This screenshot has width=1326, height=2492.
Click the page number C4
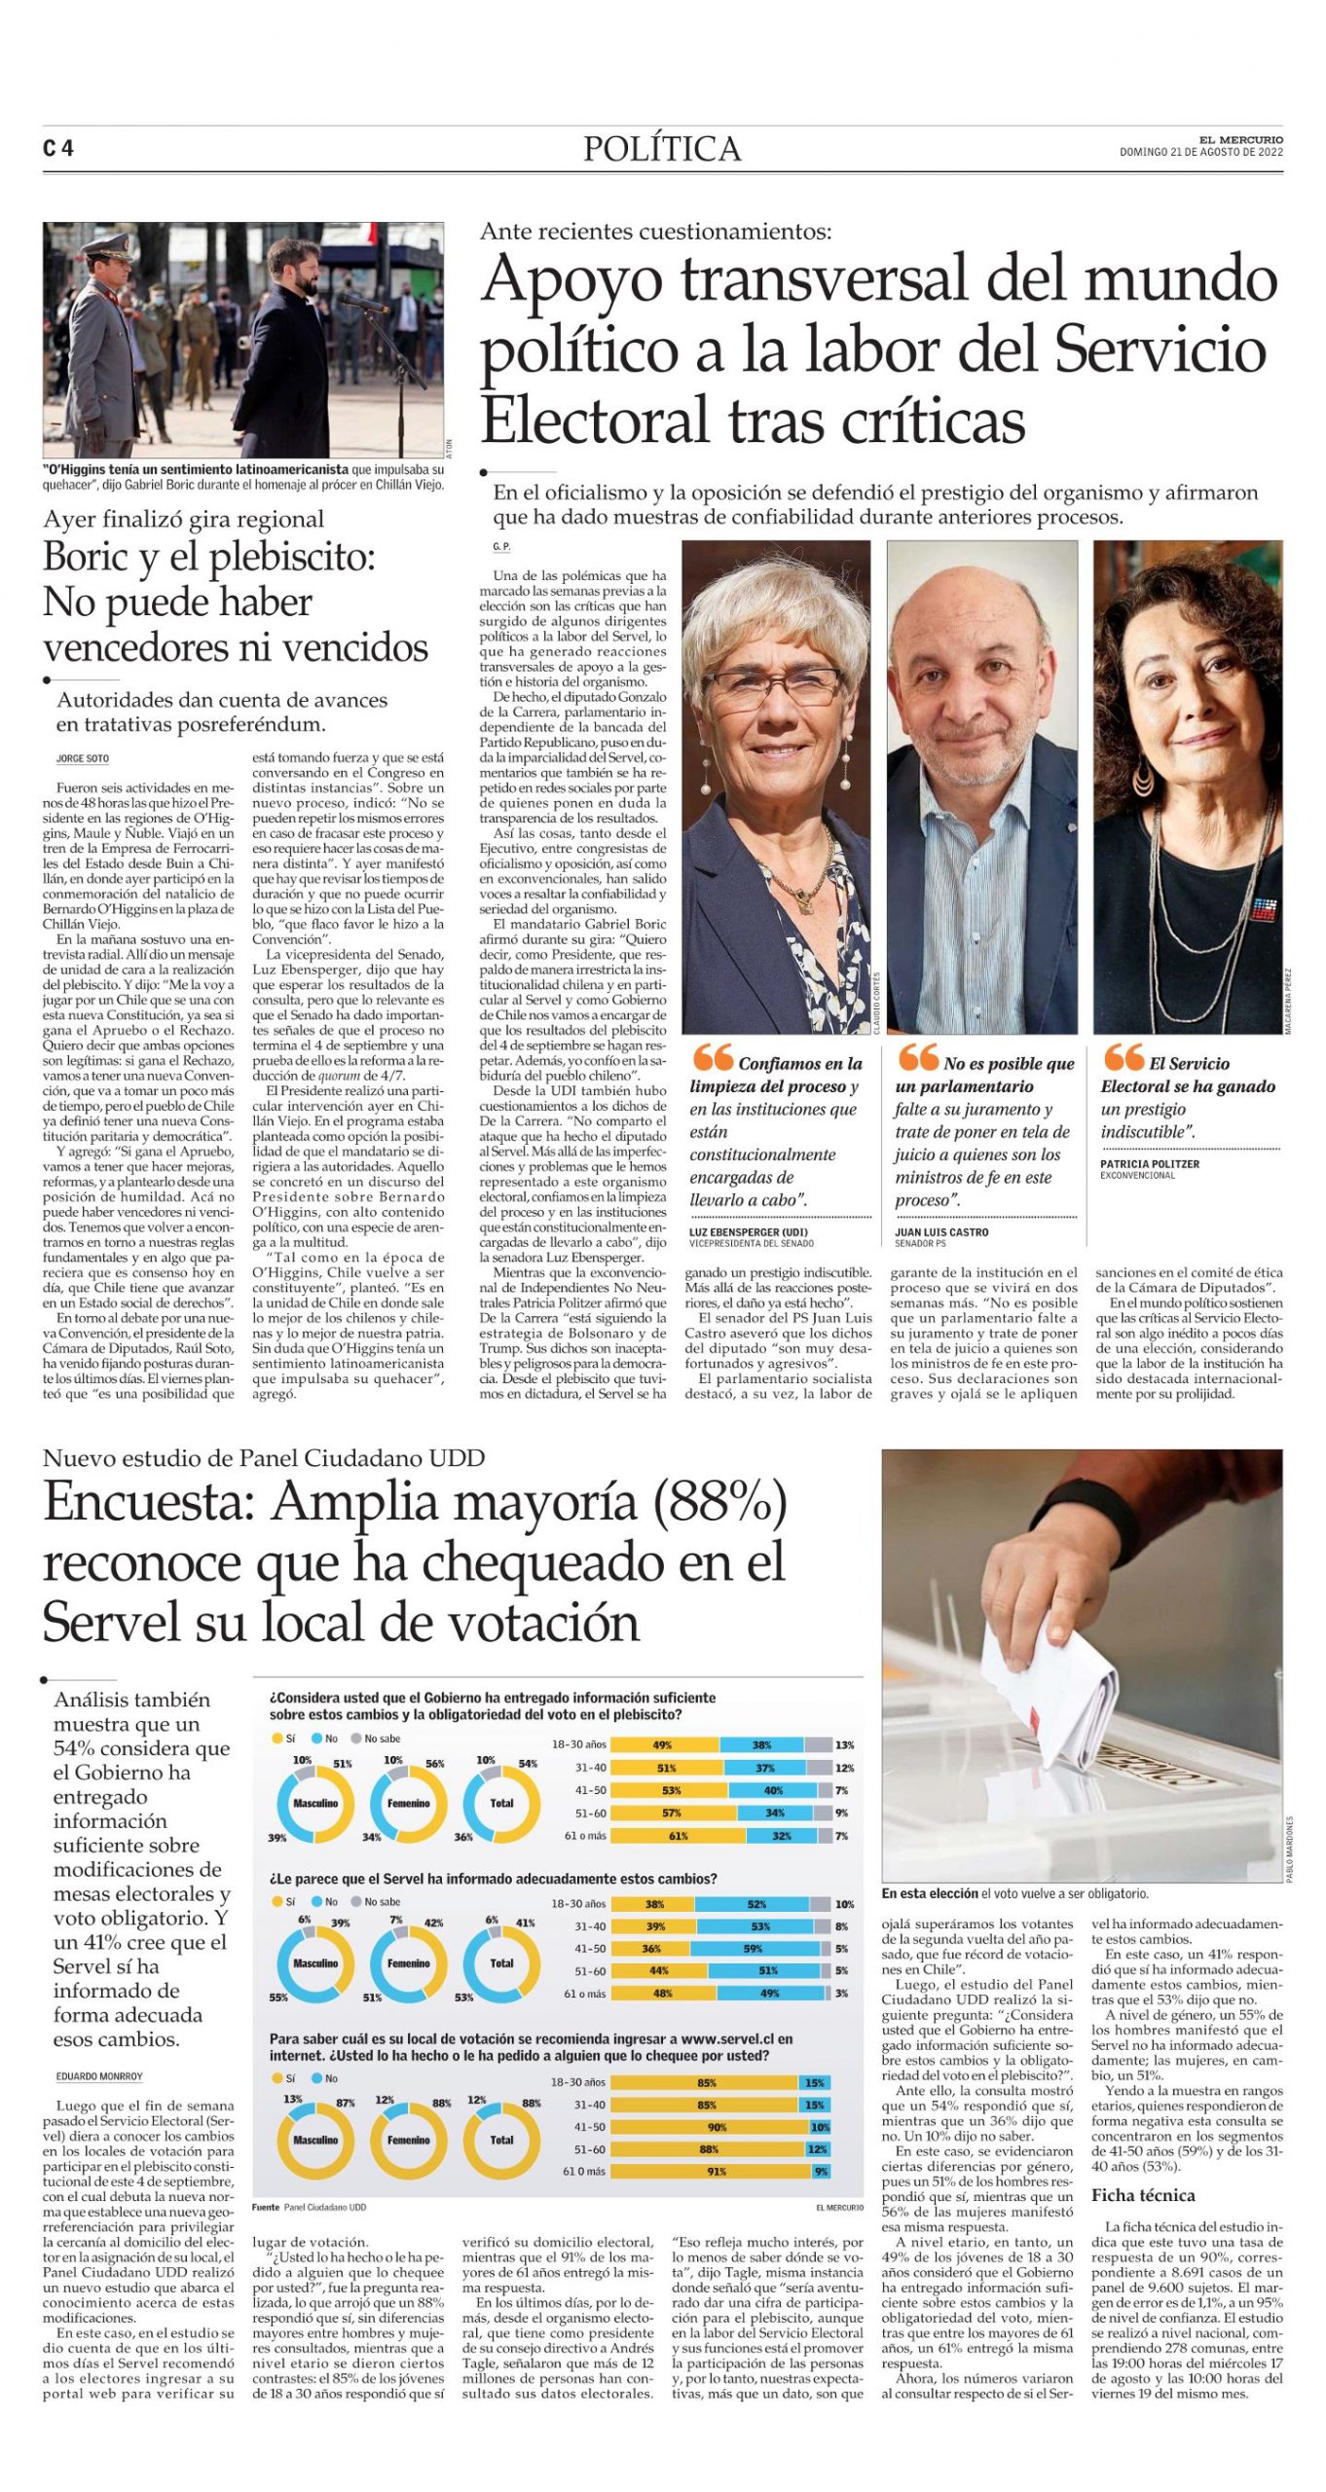click(58, 148)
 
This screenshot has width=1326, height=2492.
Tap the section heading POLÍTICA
click(662, 149)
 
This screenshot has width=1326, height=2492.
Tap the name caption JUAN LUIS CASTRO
click(941, 1232)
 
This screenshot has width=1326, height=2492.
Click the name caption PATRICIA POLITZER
click(1150, 1164)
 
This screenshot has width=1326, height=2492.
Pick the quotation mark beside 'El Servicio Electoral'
click(1123, 1058)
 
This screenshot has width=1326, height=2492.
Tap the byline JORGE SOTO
click(83, 758)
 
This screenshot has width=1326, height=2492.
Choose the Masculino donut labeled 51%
click(315, 1804)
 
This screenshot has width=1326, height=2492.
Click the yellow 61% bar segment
click(678, 1836)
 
